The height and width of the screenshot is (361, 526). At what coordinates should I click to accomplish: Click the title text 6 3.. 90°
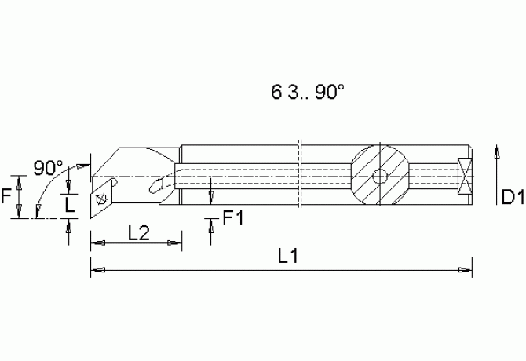[x=307, y=92]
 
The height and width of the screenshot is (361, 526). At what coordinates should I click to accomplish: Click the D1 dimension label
[x=513, y=197]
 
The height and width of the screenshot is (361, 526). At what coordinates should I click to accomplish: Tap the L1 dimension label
[x=288, y=256]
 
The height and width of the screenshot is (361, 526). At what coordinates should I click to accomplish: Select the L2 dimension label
[x=138, y=233]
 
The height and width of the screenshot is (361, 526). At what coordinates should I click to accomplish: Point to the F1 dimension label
[x=233, y=218]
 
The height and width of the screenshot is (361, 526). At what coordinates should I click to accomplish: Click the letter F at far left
[x=6, y=195]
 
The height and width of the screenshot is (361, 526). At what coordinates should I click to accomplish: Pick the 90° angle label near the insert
[x=48, y=167]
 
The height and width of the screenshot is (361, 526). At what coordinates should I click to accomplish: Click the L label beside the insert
[x=69, y=205]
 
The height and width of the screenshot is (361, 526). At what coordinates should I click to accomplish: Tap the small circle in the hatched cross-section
[x=380, y=177]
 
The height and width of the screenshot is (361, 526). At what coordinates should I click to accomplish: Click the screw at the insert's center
[x=101, y=199]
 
